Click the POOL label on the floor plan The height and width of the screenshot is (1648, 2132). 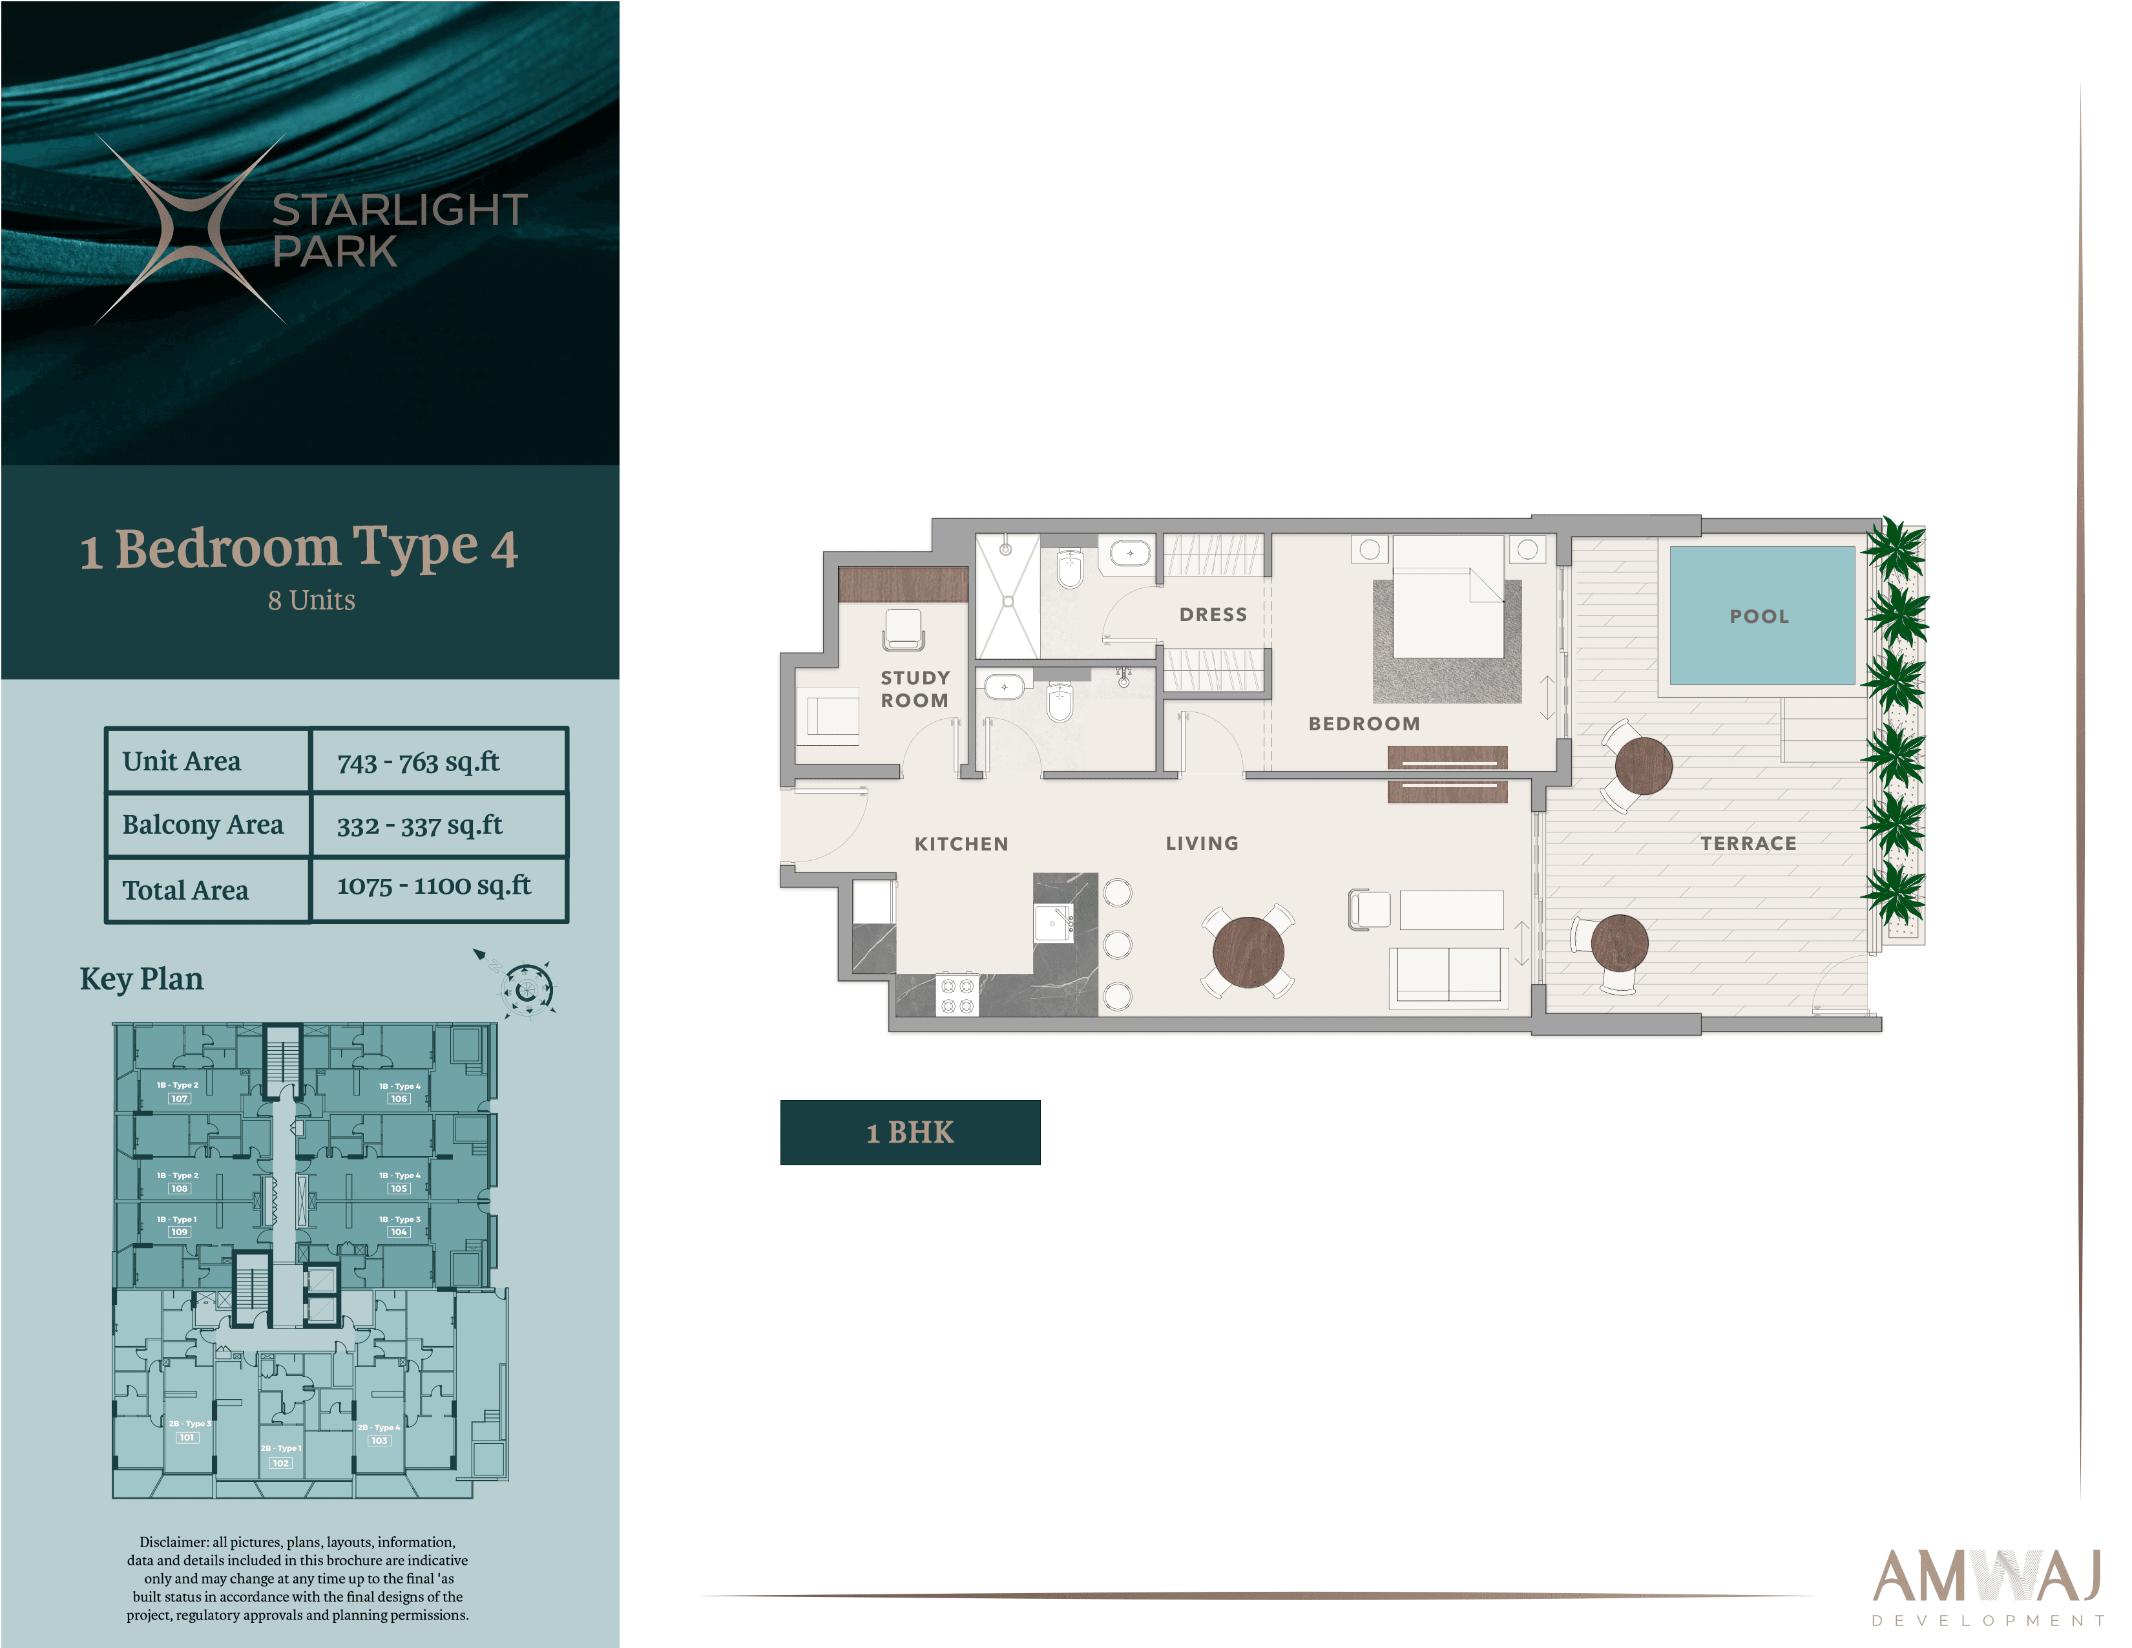pos(1759,616)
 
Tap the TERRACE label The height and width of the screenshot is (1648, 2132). pos(1748,843)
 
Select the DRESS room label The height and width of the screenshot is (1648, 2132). pos(1213,614)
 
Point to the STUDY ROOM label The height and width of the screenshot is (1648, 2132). pos(915,690)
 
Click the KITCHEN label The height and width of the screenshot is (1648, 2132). pos(961,843)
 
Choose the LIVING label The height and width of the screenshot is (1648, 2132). pos(1202,843)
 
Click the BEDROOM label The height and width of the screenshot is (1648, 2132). pos(1364,723)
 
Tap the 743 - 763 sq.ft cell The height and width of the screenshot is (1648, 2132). pos(419,761)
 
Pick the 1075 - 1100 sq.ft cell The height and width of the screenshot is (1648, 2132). pos(434,887)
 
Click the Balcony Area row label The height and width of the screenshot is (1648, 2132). pos(203,825)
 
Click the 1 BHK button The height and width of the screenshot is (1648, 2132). pos(910,1132)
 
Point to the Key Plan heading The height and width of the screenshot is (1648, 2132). pos(141,978)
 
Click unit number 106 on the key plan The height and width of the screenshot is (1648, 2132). pos(398,1098)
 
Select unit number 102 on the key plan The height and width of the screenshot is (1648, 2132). pos(280,1463)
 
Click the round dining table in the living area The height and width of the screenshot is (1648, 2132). pos(1248,953)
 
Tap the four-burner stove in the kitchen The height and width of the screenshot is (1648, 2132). pos(957,995)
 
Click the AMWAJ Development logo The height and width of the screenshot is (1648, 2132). pos(1987,1587)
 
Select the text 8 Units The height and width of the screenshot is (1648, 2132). pos(311,600)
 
